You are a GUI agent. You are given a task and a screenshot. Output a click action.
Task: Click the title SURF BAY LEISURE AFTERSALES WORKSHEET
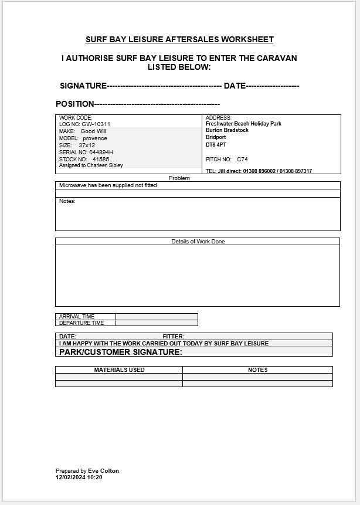[179, 40]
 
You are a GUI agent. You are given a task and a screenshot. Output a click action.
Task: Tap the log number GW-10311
[96, 124]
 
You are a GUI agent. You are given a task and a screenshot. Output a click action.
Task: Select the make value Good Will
[94, 131]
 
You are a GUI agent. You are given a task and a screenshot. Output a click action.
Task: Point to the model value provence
[95, 138]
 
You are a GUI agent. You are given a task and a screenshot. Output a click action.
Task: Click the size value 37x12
[87, 145]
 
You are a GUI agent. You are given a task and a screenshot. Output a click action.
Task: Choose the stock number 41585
[101, 159]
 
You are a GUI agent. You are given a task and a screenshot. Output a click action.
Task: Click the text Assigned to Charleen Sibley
[91, 165]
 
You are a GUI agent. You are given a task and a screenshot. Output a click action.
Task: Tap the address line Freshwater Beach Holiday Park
[243, 124]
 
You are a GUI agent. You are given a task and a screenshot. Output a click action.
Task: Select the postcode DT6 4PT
[215, 144]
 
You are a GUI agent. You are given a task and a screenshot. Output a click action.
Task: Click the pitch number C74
[242, 160]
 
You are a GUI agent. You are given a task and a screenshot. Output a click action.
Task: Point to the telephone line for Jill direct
[259, 171]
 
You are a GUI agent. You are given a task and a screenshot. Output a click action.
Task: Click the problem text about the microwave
[108, 185]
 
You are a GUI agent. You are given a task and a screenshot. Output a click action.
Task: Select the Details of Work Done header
[198, 241]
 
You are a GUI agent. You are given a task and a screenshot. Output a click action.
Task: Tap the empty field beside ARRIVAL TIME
[157, 317]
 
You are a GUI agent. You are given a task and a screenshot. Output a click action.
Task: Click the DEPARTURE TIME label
[81, 323]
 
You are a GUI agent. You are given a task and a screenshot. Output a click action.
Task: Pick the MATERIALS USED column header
[119, 370]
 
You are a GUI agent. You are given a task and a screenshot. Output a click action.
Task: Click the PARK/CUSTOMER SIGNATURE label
[121, 352]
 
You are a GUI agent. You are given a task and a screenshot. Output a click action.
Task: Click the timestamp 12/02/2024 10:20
[79, 477]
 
